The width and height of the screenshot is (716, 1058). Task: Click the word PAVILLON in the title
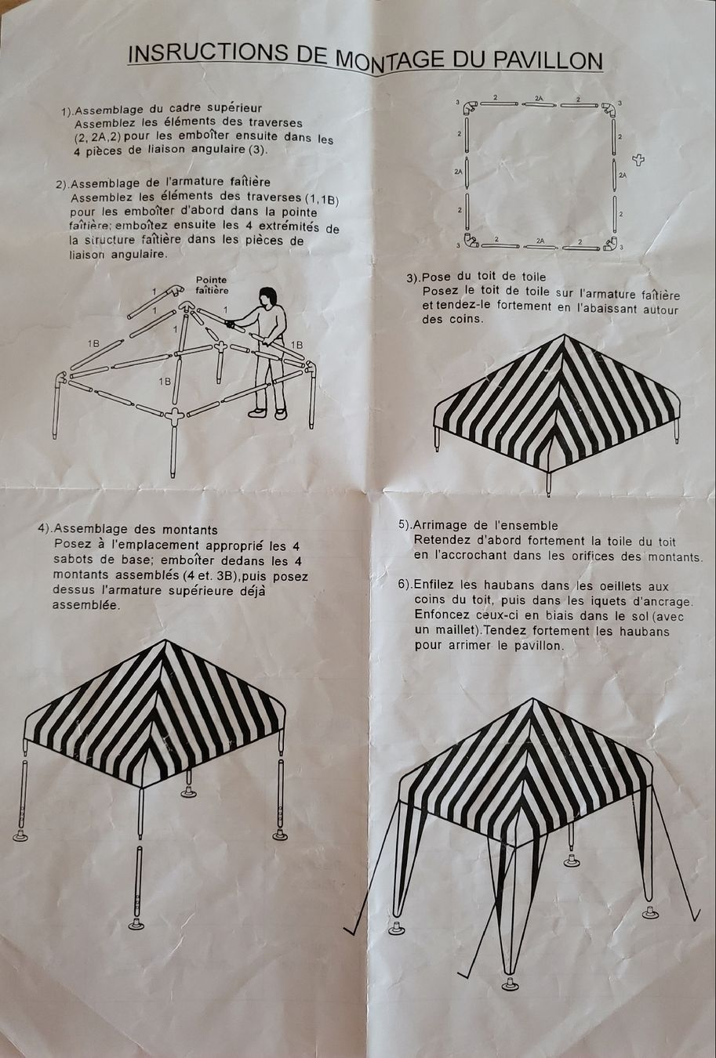coord(547,61)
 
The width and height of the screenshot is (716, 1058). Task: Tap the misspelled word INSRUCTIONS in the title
coord(207,53)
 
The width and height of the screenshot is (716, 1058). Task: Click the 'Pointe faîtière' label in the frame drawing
coord(212,284)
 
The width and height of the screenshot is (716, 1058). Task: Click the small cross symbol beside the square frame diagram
coord(638,160)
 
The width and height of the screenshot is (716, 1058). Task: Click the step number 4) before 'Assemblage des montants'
coord(45,527)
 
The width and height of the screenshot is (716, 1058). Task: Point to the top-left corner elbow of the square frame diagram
coord(469,107)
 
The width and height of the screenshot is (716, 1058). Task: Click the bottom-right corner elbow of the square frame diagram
coord(611,243)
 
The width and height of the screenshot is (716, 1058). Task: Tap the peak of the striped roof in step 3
coord(563,335)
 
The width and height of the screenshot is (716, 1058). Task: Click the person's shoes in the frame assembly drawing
coord(268,413)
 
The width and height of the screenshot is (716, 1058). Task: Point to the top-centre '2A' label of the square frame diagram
coord(539,98)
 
